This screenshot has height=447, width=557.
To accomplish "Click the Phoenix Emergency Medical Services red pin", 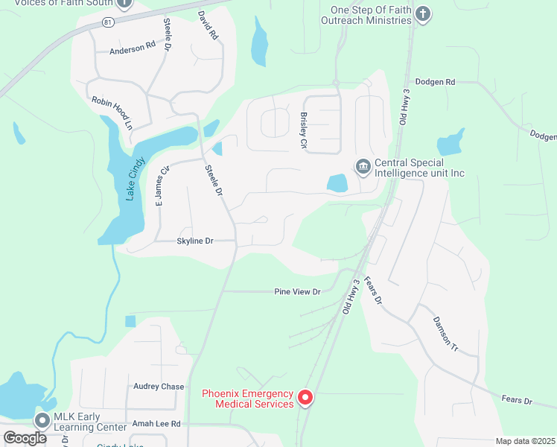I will click(x=305, y=399).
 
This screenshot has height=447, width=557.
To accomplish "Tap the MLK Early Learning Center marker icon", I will click(x=42, y=421).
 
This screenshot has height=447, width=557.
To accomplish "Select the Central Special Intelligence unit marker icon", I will click(x=363, y=166).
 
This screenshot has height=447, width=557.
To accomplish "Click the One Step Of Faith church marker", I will click(x=423, y=14).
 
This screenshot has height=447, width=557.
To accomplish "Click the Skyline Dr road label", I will click(x=195, y=241).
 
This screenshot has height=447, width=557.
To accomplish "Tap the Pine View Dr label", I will click(x=296, y=292).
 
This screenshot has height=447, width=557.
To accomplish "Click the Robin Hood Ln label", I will click(x=111, y=112).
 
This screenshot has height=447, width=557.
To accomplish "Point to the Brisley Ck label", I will click(x=304, y=130).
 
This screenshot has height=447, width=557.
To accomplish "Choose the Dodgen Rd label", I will click(x=435, y=81).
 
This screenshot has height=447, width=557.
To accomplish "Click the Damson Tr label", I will click(x=443, y=332).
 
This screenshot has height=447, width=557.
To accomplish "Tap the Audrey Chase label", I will click(x=159, y=387).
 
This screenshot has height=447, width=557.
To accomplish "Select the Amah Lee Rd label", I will click(x=156, y=423).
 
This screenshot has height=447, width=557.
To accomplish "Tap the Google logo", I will click(x=25, y=438).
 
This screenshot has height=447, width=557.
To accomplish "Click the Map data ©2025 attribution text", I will click(x=525, y=441).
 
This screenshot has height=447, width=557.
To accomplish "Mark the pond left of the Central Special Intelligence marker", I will click(x=337, y=183).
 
